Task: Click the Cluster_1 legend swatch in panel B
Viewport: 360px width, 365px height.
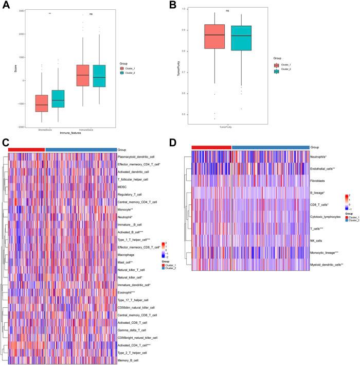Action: pos(277,66)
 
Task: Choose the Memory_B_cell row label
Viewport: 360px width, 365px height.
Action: pos(131,361)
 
